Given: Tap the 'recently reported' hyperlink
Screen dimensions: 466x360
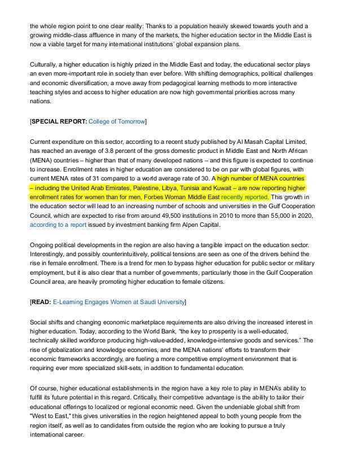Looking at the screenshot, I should point(245,197).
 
